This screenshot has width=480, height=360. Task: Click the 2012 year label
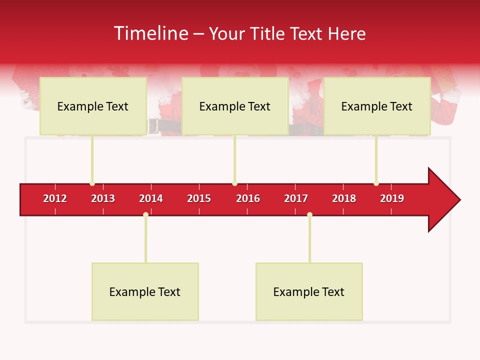point(55,198)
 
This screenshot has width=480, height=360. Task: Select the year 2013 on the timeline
point(103,198)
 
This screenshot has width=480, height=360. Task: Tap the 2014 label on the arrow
point(151,198)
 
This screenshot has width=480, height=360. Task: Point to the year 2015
point(199,198)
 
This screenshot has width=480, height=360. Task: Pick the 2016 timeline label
point(248,198)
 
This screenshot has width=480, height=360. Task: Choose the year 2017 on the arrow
point(296,198)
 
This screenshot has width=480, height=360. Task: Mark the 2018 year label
point(344,198)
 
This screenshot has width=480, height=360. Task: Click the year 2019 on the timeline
point(392,198)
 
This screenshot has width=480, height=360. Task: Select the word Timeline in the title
point(150,33)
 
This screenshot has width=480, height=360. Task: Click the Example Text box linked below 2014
point(145,291)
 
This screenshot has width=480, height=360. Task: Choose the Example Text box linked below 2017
point(309,291)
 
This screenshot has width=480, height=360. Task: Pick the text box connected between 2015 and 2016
point(235,106)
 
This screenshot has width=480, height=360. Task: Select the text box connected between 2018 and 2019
point(377,106)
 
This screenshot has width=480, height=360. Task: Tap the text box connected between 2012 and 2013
point(93,106)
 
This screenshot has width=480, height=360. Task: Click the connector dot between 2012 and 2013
point(92,183)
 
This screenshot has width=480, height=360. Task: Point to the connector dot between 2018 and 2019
point(376,183)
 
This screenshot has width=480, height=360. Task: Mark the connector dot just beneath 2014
point(145,215)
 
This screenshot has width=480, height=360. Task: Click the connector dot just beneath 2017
point(309,215)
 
